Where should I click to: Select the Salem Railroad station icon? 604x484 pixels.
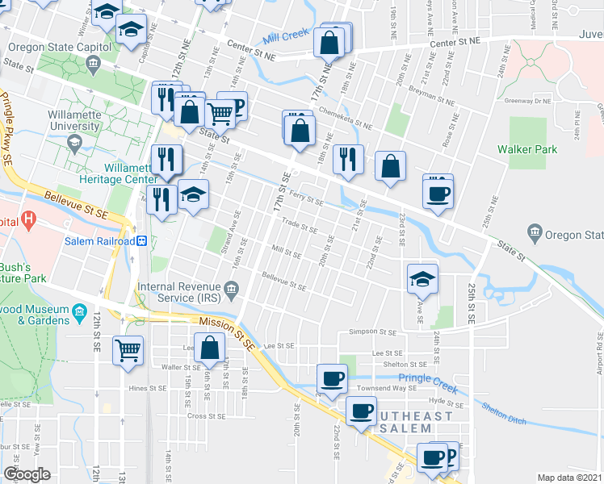[141, 241]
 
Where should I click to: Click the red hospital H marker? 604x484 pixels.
[29, 219]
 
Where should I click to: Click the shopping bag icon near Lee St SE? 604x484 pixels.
[209, 348]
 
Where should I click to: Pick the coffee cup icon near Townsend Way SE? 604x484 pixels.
[332, 378]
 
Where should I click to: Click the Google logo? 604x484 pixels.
[27, 474]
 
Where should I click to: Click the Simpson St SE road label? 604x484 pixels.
[372, 332]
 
